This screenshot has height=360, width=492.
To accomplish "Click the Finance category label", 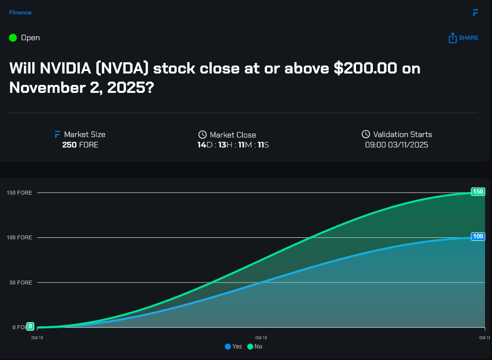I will [20, 12].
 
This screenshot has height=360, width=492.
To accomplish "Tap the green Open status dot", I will [13, 38].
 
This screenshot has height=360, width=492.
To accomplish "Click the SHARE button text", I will [468, 38].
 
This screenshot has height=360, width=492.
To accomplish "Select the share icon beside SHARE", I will [452, 38].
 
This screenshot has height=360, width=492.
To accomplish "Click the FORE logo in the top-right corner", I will [475, 12].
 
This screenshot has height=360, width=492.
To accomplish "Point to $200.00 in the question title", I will [365, 68].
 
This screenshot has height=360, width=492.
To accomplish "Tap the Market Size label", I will [84, 135].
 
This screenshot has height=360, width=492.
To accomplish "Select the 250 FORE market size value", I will [80, 145].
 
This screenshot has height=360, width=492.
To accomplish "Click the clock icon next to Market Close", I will [203, 135].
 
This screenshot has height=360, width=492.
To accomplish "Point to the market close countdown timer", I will [233, 145].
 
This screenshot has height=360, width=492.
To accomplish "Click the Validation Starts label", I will [402, 135].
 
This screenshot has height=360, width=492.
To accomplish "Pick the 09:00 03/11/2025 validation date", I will [396, 145].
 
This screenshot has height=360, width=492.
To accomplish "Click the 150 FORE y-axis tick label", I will [19, 193].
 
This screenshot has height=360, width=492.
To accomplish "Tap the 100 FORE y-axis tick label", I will [19, 238].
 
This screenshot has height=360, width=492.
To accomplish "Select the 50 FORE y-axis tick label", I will [21, 283].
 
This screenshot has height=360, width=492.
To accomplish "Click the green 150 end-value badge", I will [478, 192].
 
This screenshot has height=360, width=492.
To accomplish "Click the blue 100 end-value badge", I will [478, 236].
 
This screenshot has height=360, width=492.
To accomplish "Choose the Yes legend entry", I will [233, 346].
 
